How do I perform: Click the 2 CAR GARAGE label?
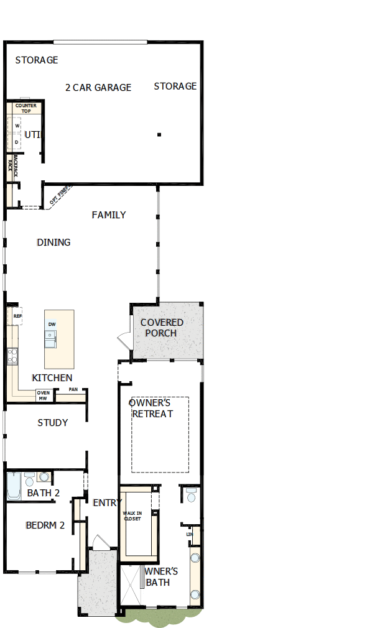click(x=98, y=88)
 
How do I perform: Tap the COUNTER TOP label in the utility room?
click(x=26, y=108)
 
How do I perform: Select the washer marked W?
click(x=17, y=126)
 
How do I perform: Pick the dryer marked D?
click(x=17, y=142)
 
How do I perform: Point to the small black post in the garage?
click(x=159, y=134)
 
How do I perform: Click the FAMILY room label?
click(x=109, y=215)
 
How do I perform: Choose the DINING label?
click(x=53, y=242)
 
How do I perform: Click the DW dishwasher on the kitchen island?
click(x=52, y=325)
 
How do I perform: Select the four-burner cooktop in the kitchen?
click(x=12, y=356)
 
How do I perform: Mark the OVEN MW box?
click(x=43, y=395)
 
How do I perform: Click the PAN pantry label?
click(x=73, y=390)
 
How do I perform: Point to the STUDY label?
click(x=53, y=423)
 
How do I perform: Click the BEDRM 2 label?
click(x=45, y=525)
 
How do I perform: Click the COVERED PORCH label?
click(x=161, y=328)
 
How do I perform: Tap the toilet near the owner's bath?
click(x=191, y=496)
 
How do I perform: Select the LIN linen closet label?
click(x=190, y=534)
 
